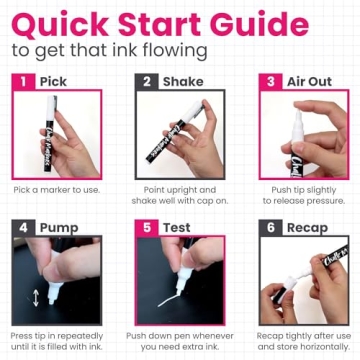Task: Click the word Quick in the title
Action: coord(60,21)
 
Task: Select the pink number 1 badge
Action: coord(21,81)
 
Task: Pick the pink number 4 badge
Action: coord(21,227)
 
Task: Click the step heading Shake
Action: coord(184,81)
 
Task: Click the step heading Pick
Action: coord(53,81)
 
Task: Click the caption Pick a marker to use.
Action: coord(58,189)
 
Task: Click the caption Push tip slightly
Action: coord(303,189)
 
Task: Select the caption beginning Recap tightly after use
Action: coord(304,335)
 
